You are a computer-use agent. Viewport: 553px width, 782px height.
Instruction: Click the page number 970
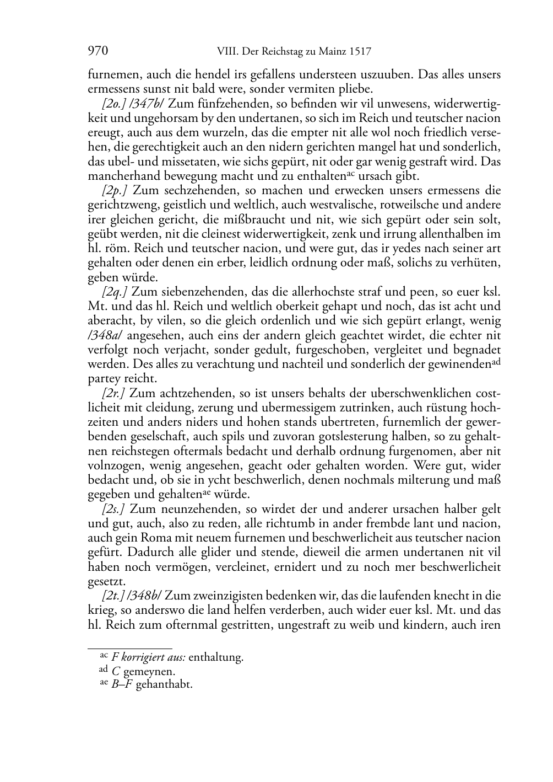coord(97,52)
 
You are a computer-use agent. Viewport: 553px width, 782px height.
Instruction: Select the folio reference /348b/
coord(144,596)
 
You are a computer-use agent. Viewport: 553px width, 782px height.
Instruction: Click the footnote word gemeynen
coord(149,672)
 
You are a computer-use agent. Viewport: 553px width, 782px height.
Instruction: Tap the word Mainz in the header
coord(330,52)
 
